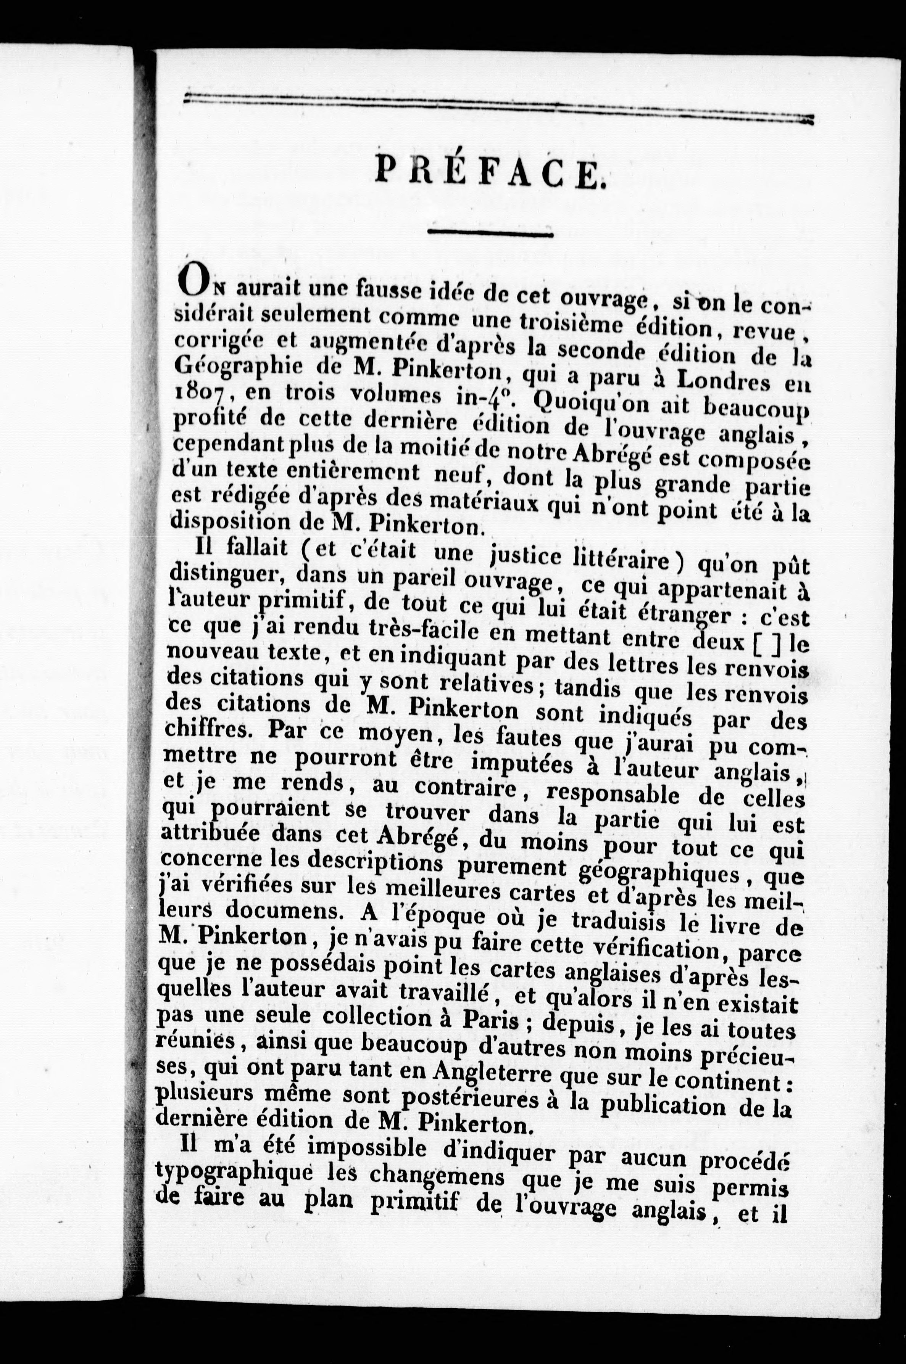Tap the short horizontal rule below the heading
click(490, 234)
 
